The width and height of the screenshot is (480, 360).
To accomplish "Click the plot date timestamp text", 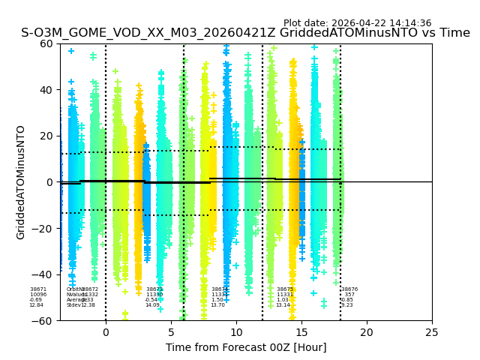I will (357, 23).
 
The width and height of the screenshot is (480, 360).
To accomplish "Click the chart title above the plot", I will (245, 33).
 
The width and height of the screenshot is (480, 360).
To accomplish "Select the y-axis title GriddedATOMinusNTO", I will (21, 182).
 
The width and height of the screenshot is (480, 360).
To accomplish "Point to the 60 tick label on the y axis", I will (46, 43).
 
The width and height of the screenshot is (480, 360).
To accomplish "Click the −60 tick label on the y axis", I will (43, 321).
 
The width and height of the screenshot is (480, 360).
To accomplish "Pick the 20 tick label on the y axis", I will (46, 136).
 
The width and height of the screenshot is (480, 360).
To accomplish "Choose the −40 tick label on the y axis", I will (43, 274).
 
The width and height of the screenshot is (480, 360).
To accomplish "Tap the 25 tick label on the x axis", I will (432, 332).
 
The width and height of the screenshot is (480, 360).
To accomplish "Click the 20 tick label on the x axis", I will (367, 332).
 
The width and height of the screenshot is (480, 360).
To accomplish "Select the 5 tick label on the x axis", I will (171, 332).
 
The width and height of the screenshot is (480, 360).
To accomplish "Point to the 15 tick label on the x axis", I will (301, 332).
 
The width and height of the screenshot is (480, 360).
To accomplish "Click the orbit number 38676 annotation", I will (349, 289).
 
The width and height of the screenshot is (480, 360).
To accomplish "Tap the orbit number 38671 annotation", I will (38, 289).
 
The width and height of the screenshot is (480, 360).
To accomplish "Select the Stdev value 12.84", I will (37, 305).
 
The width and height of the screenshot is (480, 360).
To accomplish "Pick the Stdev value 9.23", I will (347, 305).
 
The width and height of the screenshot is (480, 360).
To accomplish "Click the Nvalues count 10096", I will (38, 295).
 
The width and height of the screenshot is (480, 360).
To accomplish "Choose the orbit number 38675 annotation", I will (285, 289).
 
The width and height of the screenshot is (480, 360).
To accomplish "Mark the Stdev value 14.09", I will (152, 305).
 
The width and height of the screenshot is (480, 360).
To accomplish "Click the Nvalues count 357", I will (349, 295).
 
